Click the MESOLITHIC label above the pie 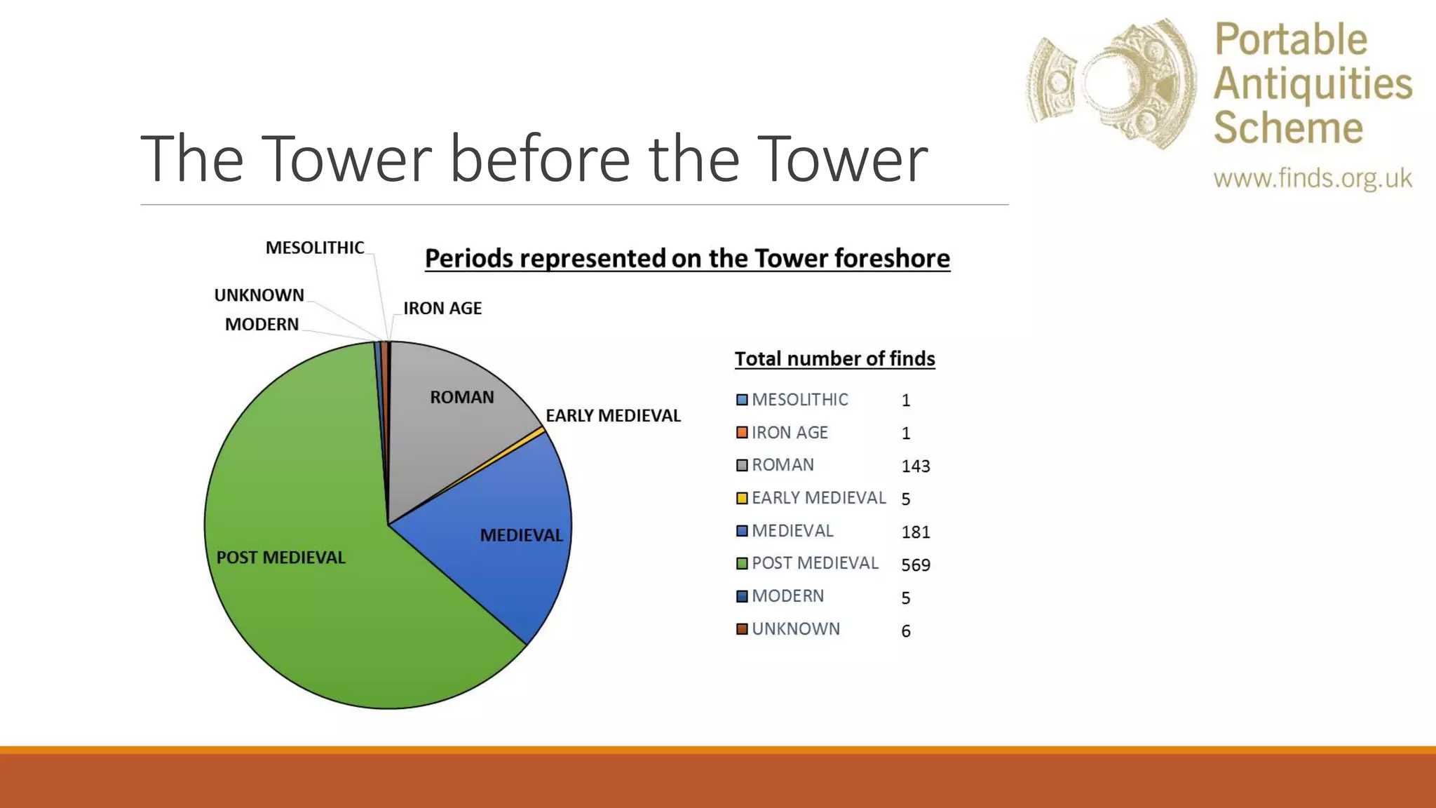[x=315, y=248]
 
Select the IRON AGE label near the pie [x=442, y=309]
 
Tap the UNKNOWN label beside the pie [x=259, y=295]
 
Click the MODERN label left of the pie [x=262, y=325]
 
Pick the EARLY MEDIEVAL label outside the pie [x=613, y=416]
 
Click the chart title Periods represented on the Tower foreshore [x=687, y=259]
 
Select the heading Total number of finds [x=834, y=359]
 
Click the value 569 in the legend [x=915, y=565]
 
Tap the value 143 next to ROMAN [x=915, y=466]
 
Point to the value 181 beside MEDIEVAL [x=915, y=532]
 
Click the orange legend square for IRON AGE [x=742, y=433]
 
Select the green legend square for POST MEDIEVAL [x=742, y=564]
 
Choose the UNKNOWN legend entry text [x=796, y=629]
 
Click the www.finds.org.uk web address [x=1313, y=178]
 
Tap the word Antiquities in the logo [x=1313, y=84]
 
